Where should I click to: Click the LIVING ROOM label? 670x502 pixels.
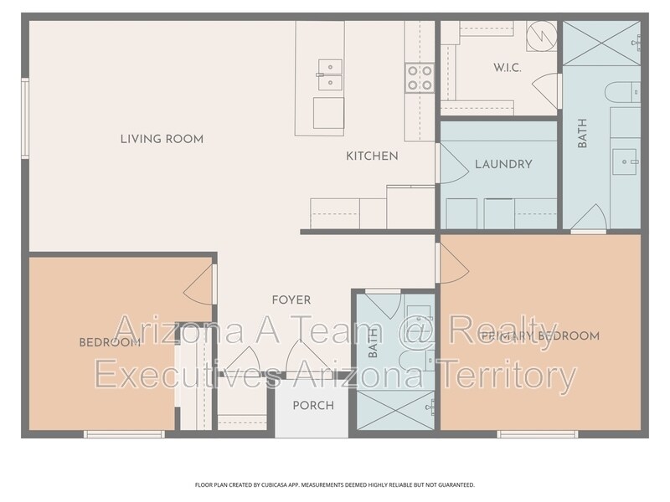click(162, 139)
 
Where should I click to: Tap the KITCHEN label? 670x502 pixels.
click(372, 156)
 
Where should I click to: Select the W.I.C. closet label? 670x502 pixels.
click(508, 68)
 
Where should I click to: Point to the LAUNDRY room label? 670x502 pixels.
click(503, 164)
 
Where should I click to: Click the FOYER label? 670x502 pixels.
click(291, 300)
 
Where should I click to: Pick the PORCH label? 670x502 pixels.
click(313, 406)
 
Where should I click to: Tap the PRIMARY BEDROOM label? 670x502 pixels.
click(540, 336)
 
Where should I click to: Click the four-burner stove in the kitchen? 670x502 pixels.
click(420, 78)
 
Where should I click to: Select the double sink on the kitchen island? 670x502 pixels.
click(330, 74)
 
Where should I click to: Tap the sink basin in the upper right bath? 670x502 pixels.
click(624, 161)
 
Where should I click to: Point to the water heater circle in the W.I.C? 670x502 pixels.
click(541, 36)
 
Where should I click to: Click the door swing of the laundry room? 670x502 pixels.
click(454, 163)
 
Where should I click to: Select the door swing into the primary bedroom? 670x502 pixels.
click(454, 264)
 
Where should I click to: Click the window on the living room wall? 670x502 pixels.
click(25, 119)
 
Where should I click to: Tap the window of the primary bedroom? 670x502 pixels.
click(538, 434)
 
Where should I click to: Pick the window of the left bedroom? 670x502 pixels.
click(124, 434)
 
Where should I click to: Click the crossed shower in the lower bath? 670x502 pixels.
click(395, 410)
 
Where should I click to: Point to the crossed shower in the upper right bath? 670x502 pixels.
click(601, 44)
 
